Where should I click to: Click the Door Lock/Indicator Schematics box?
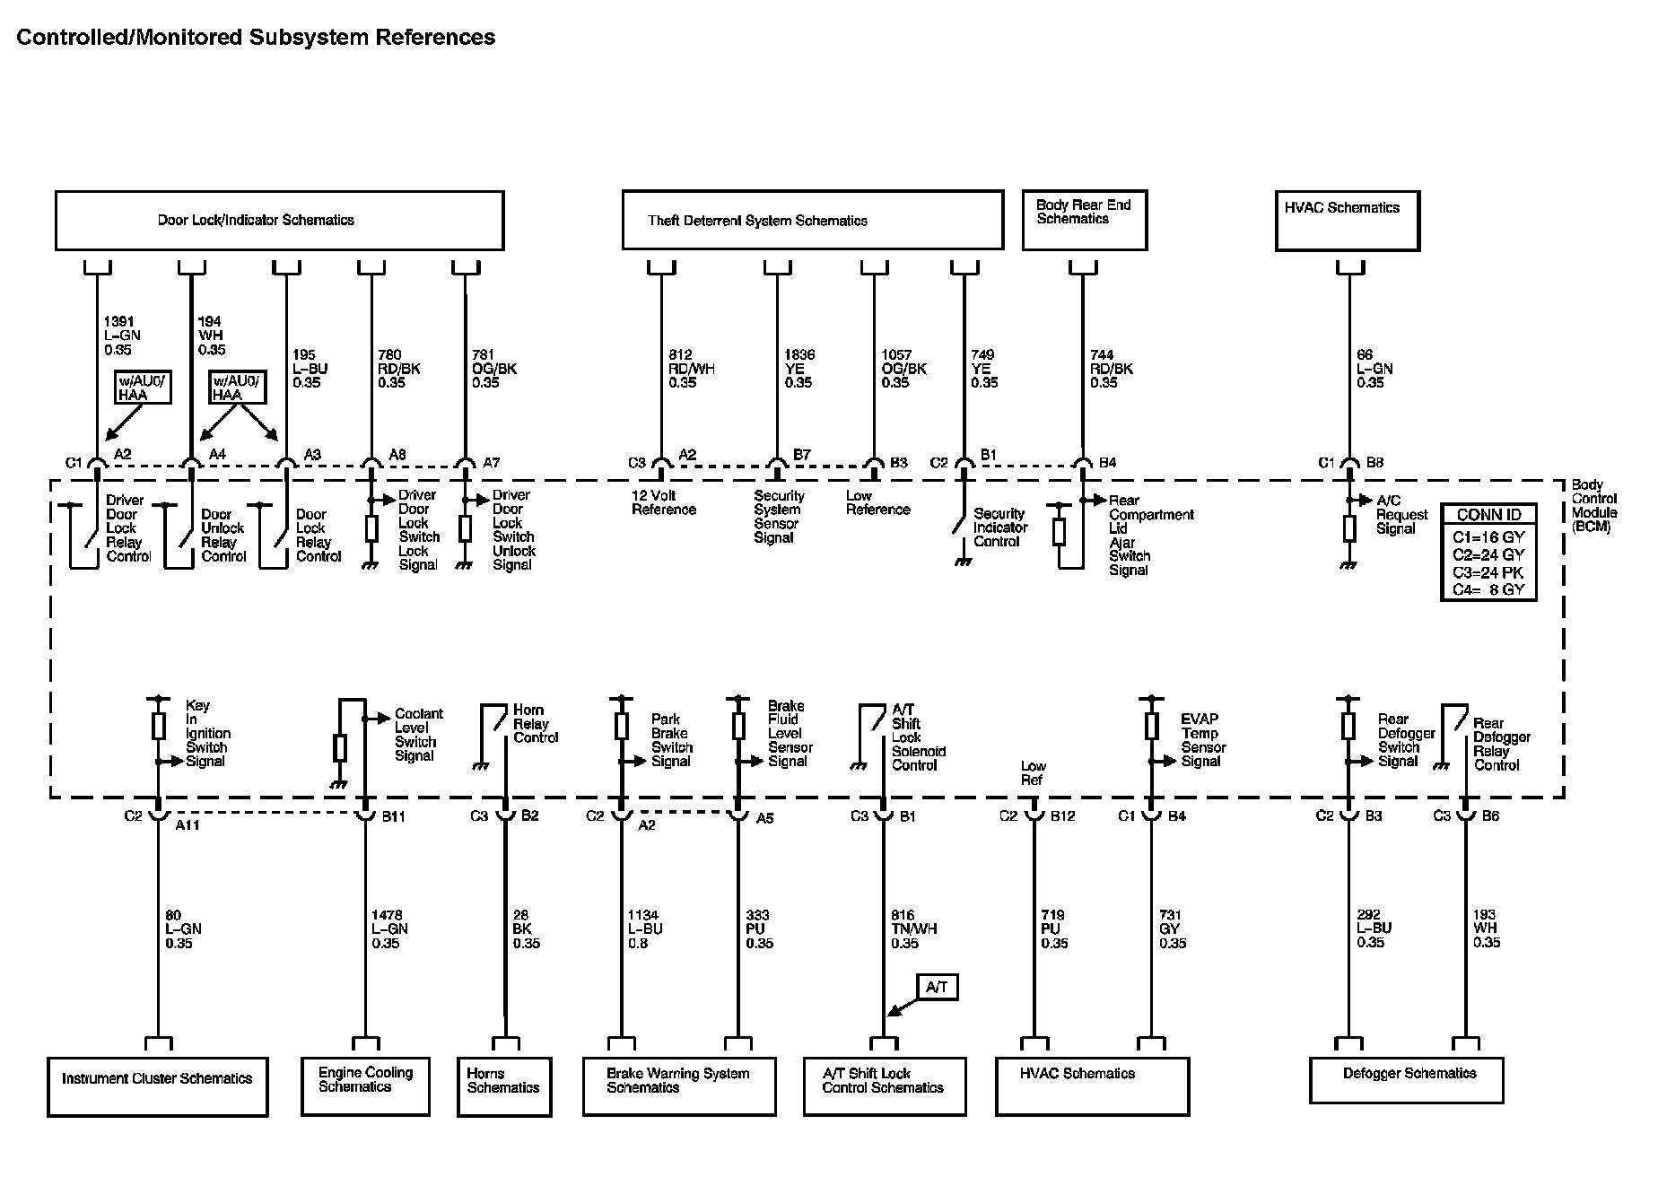[x=279, y=221]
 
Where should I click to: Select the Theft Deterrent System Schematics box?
[x=812, y=221]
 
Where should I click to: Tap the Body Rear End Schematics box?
[x=1084, y=220]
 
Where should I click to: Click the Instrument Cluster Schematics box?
[x=157, y=1086]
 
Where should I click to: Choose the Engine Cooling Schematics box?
[x=365, y=1086]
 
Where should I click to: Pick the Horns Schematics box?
[x=503, y=1086]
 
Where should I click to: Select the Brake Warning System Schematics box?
[x=678, y=1086]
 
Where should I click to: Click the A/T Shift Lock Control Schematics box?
[x=884, y=1086]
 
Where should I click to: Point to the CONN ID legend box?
[x=1488, y=552]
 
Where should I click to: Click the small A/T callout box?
[x=937, y=988]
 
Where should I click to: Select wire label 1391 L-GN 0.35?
[x=122, y=336]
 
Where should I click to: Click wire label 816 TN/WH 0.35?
[x=913, y=929]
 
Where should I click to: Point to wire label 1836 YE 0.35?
[x=798, y=369]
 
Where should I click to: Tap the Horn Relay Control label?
[x=535, y=724]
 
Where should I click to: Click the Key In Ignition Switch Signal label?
[x=206, y=734]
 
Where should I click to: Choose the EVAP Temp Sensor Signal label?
[x=1202, y=740]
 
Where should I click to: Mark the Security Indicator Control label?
[x=998, y=527]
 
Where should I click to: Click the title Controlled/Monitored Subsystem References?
[x=256, y=38]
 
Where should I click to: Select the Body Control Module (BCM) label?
[x=1593, y=506]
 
